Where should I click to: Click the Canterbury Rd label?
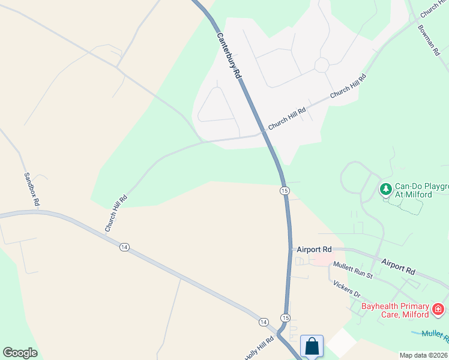click(x=229, y=56)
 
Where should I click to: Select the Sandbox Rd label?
click(x=31, y=190)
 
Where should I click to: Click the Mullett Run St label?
click(x=352, y=271)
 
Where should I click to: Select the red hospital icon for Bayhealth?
click(x=439, y=310)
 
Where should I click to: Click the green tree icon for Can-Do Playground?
click(x=385, y=190)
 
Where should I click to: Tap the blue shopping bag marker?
click(x=312, y=346)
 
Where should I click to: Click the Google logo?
click(x=20, y=353)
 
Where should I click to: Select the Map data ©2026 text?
click(x=423, y=355)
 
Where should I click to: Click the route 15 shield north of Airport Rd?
click(x=285, y=190)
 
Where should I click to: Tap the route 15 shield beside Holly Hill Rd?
click(x=285, y=317)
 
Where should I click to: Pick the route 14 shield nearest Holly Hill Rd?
click(x=263, y=322)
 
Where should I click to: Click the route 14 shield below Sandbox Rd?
click(x=124, y=247)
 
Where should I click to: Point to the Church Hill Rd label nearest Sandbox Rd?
click(x=116, y=214)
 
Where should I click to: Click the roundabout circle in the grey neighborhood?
click(x=322, y=65)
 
